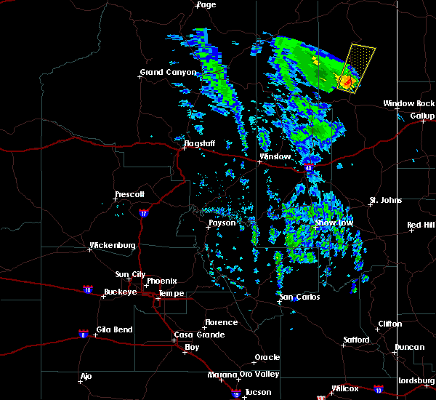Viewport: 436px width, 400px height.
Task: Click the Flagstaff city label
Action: tap(199, 144)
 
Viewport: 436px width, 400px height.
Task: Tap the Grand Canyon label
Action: tap(169, 73)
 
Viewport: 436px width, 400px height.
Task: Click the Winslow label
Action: tap(275, 157)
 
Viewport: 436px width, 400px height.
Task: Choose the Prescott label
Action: tap(130, 195)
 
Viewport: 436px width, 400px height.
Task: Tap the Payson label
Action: tap(222, 223)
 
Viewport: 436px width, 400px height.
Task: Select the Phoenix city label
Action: tap(161, 281)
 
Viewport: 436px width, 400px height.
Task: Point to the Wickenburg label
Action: tap(112, 246)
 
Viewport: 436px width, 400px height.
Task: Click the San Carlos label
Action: tap(300, 297)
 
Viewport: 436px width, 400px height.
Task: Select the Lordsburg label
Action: tap(416, 381)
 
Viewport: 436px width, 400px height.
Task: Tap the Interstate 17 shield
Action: tap(143, 212)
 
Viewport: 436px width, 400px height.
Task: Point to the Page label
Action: tap(206, 5)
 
